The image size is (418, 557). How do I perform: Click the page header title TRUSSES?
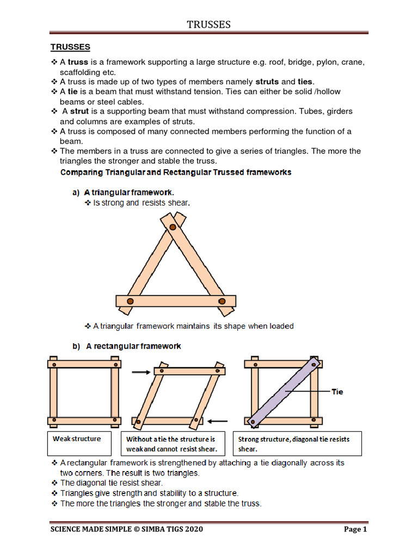click(209, 24)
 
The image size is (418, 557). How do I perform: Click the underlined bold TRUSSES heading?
click(70, 47)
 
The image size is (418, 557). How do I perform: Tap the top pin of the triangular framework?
click(172, 227)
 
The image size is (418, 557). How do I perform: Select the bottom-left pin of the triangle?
click(130, 301)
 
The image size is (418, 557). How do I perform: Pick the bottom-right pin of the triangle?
click(222, 301)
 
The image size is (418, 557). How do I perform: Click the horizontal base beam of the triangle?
click(175, 301)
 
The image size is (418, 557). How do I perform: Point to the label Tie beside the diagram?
click(337, 392)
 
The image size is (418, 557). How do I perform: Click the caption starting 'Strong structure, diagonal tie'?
click(298, 444)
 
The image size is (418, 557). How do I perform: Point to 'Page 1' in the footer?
click(355, 529)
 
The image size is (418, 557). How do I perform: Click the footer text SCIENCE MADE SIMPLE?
click(126, 529)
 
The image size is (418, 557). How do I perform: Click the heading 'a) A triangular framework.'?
click(124, 193)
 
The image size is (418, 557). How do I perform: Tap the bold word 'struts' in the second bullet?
click(267, 82)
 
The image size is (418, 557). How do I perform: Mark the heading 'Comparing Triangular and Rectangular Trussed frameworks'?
click(175, 172)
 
